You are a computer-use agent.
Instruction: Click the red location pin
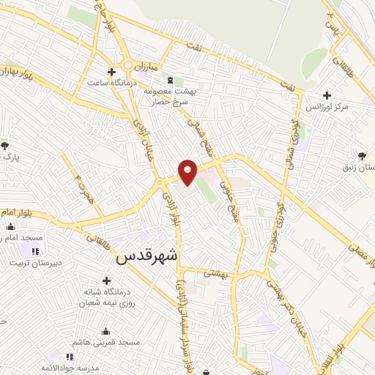coord(188,171)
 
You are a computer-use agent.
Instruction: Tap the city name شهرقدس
coord(146,257)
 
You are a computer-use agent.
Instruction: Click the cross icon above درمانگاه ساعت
coord(111,72)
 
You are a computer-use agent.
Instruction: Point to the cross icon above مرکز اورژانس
coord(327,95)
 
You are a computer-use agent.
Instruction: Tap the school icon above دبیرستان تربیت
coord(36,250)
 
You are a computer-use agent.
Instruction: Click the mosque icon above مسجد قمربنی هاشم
coord(107,331)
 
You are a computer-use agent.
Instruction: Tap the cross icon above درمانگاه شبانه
coord(107,280)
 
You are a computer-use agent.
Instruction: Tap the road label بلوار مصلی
coord(361,253)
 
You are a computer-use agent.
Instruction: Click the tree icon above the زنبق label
coord(362,155)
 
